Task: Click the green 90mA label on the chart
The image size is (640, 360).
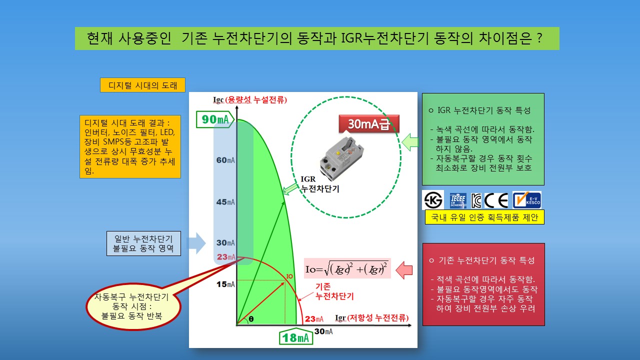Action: (215, 119)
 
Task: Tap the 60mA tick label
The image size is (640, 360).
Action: (225, 160)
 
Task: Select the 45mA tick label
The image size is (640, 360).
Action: (225, 202)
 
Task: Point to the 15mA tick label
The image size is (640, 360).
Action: (225, 284)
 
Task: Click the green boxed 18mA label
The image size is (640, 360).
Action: (295, 338)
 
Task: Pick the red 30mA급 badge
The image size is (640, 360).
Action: (369, 124)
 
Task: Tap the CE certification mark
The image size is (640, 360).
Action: (496, 200)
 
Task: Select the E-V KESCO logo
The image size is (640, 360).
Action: (527, 200)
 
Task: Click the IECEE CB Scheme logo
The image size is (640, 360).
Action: (458, 200)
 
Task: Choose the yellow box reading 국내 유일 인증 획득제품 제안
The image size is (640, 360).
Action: (484, 217)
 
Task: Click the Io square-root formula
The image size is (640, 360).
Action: (347, 268)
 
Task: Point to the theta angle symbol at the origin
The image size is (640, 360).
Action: (251, 319)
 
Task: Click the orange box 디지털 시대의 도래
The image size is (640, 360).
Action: (142, 85)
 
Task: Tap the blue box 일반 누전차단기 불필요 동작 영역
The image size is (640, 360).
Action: (143, 243)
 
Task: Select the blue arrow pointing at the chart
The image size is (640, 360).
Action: (196, 243)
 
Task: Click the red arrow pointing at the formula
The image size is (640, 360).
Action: (404, 270)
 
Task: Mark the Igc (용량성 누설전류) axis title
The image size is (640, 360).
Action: (250, 100)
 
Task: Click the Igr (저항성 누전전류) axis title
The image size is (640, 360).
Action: (371, 317)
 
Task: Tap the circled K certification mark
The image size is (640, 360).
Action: (433, 200)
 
